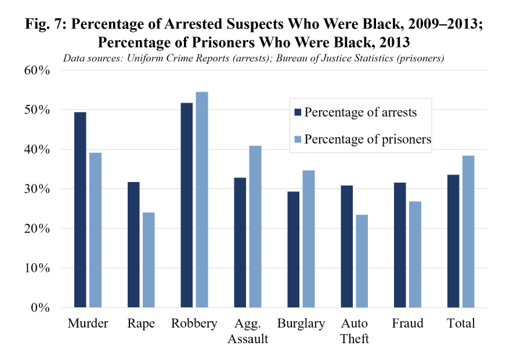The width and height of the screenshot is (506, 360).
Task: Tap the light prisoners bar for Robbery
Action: pos(201,199)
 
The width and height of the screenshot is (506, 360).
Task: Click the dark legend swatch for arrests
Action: pos(297,113)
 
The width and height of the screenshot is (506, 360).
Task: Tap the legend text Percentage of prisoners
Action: pos(367,140)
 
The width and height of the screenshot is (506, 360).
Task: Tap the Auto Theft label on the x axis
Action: pos(355,330)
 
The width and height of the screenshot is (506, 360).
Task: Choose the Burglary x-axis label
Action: pos(301,323)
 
